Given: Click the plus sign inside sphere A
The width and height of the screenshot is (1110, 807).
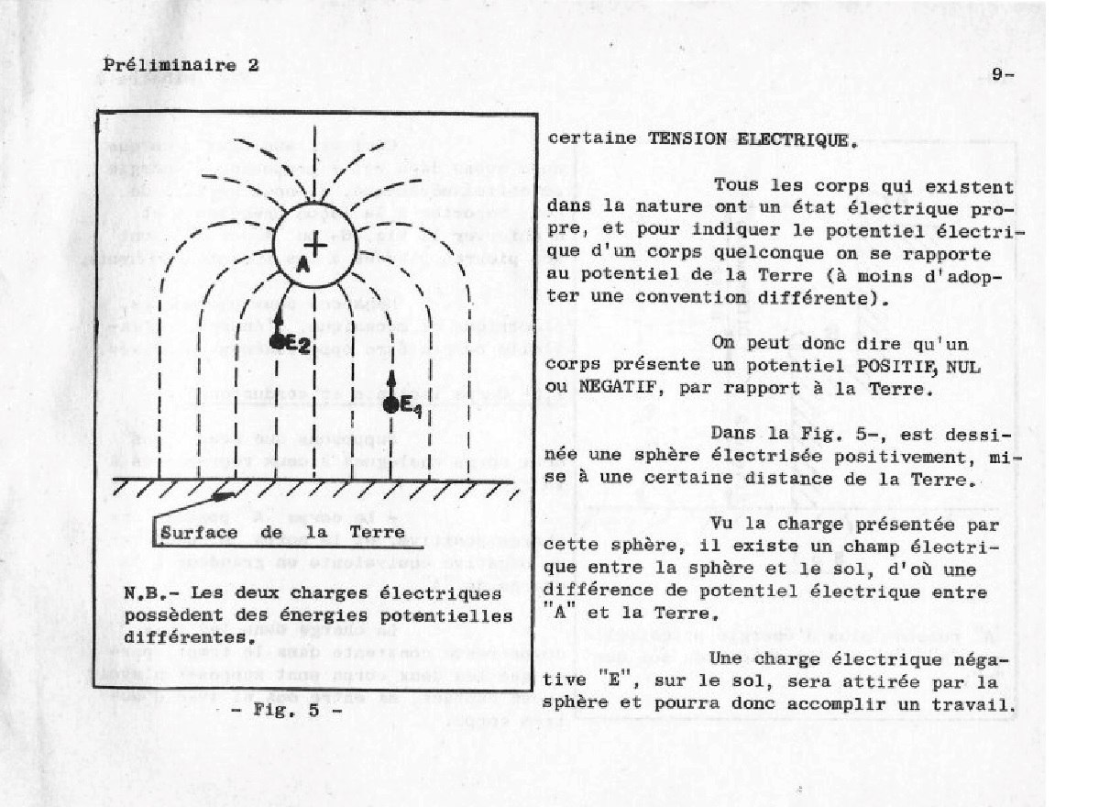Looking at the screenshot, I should pyautogui.click(x=314, y=246).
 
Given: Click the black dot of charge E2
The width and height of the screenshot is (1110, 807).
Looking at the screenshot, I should pyautogui.click(x=277, y=341).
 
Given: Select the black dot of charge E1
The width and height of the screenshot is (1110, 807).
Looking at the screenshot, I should pyautogui.click(x=390, y=403).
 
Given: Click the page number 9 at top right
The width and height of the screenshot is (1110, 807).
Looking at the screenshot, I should pyautogui.click(x=997, y=75).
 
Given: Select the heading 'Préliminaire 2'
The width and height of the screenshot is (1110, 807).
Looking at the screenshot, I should pyautogui.click(x=181, y=65).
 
